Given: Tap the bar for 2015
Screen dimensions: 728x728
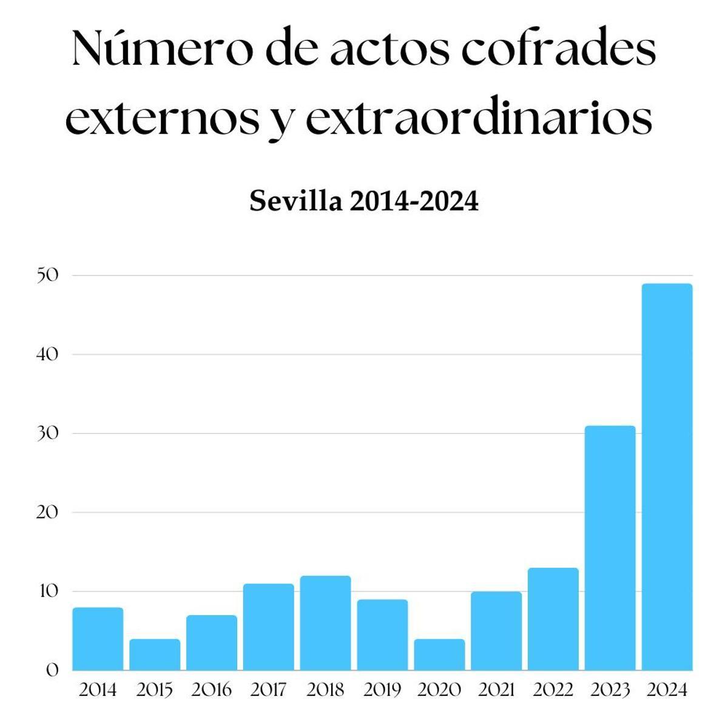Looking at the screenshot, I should coord(155,655).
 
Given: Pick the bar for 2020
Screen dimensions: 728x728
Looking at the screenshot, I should coord(439,655).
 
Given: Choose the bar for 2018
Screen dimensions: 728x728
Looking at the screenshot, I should coord(325,623).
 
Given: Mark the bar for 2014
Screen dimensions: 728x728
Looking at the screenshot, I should coord(98,639).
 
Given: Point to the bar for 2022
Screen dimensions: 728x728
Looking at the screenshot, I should coord(553,619).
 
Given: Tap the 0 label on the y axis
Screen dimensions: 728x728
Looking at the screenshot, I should coord(52,671).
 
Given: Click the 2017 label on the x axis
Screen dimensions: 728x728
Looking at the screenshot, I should coord(268,690).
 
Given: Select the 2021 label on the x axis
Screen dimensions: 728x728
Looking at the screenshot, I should coord(496,690).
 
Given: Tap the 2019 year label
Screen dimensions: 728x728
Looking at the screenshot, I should coord(382,690).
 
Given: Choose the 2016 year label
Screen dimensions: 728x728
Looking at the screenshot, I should coord(211,690).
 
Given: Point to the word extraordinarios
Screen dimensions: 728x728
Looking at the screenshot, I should coord(479,118).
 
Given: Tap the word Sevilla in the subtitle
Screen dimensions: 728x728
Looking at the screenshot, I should coord(295,201).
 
